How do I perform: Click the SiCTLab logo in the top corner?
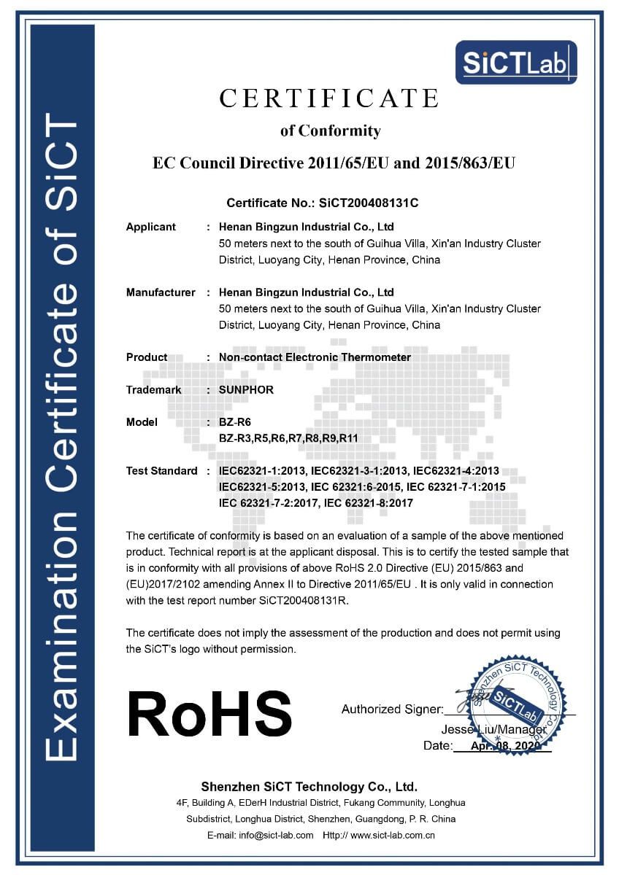click(515, 62)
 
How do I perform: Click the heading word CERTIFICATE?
click(329, 98)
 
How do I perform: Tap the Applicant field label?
click(151, 227)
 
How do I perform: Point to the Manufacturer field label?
click(161, 292)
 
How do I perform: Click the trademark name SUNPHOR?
click(246, 390)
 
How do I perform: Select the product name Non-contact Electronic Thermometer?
click(315, 357)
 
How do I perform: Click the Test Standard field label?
click(161, 471)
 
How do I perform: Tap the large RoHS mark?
click(209, 712)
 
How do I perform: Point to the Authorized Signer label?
click(391, 709)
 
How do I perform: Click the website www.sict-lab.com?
click(393, 835)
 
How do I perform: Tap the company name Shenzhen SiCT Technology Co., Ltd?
click(309, 787)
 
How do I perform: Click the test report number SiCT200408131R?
click(306, 601)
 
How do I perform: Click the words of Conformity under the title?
click(331, 131)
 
